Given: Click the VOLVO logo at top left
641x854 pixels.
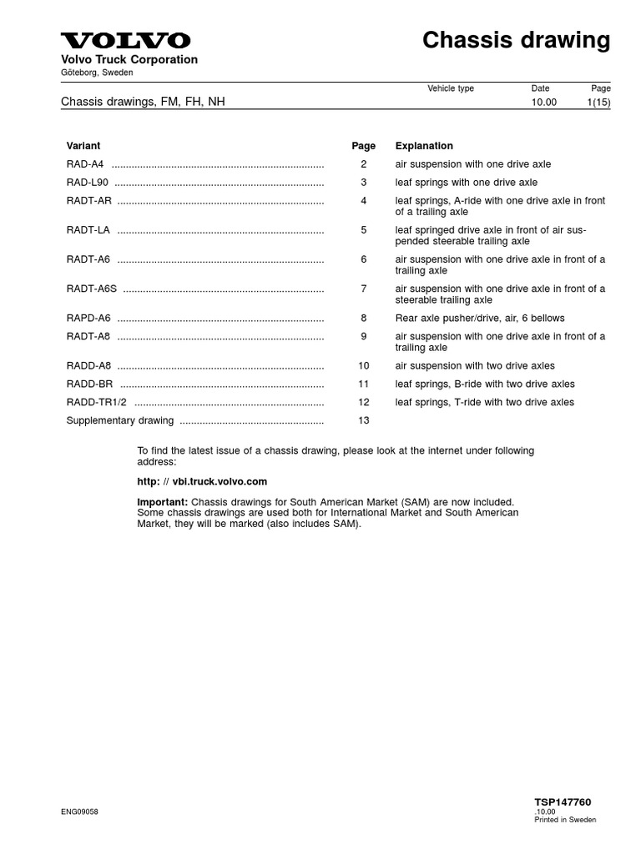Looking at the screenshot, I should tap(125, 40).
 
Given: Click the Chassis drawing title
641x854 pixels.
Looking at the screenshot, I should tap(516, 40).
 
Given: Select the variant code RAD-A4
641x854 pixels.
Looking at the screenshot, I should tap(85, 164).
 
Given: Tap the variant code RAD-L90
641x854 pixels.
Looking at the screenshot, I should tap(88, 183).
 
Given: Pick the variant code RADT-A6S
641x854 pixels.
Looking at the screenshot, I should tap(92, 289).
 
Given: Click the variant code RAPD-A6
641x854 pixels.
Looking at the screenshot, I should tap(88, 318).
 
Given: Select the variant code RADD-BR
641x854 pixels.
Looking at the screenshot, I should tap(89, 384).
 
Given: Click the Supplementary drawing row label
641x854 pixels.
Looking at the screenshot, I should tap(120, 420).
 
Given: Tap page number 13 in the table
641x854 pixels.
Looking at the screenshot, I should tap(363, 420).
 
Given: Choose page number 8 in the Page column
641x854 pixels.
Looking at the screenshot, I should tap(363, 318).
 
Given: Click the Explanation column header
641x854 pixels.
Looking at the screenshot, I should tap(424, 146).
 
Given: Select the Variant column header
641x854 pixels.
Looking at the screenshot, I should tap(83, 146).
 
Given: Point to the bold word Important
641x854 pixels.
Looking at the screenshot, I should tap(163, 502).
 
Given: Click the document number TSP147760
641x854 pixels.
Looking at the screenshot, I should tap(563, 802).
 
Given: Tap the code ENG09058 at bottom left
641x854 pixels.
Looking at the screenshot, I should tap(80, 811).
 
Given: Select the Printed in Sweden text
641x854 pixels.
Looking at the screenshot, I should tap(565, 820).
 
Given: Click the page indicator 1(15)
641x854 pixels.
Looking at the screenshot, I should tap(598, 103).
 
